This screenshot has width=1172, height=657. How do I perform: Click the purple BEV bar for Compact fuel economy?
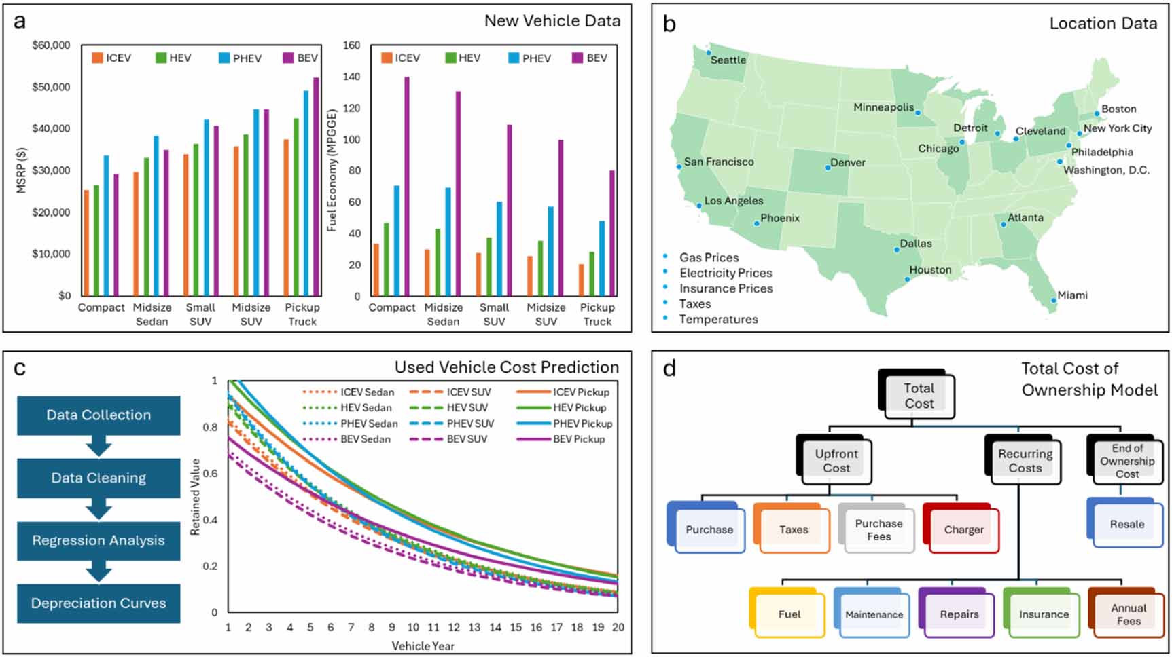pyautogui.click(x=407, y=187)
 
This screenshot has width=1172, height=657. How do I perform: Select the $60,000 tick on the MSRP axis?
pyautogui.click(x=51, y=45)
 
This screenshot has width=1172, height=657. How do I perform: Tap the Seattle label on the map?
pyautogui.click(x=728, y=60)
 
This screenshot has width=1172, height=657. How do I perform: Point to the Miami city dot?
pyautogui.click(x=1054, y=300)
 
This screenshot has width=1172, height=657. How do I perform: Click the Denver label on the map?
pyautogui.click(x=848, y=163)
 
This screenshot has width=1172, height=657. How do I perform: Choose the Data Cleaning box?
pyautogui.click(x=99, y=478)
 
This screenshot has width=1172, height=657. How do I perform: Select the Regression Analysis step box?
pyautogui.click(x=99, y=540)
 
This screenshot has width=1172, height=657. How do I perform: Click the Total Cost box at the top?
pyautogui.click(x=919, y=396)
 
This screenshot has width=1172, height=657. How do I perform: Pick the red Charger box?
pyautogui.click(x=963, y=529)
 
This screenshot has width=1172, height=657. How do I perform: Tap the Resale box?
pyautogui.click(x=1126, y=524)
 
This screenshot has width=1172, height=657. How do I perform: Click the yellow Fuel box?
pyautogui.click(x=789, y=614)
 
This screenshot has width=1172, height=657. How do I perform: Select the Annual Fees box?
pyautogui.click(x=1128, y=614)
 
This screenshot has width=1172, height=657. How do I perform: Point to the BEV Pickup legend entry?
pyautogui.click(x=578, y=439)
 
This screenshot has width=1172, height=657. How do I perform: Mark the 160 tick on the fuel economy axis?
pyautogui.click(x=351, y=45)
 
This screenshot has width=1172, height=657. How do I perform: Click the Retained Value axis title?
pyautogui.click(x=195, y=497)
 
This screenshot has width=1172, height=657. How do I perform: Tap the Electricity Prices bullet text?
pyautogui.click(x=726, y=273)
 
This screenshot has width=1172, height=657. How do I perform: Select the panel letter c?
pyautogui.click(x=20, y=368)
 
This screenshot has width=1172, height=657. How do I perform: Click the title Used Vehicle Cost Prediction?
pyautogui.click(x=506, y=367)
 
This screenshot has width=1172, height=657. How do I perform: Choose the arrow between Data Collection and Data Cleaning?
pyautogui.click(x=99, y=447)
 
